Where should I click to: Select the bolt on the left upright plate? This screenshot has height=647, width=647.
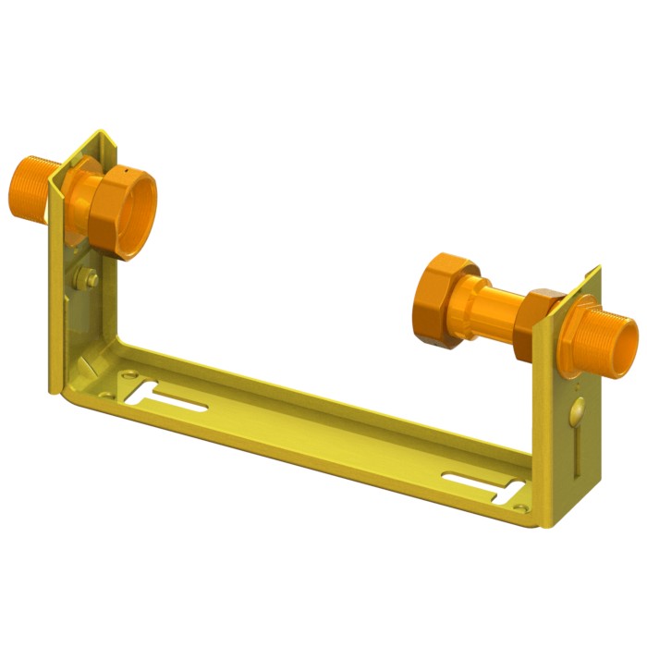point(91,276)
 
